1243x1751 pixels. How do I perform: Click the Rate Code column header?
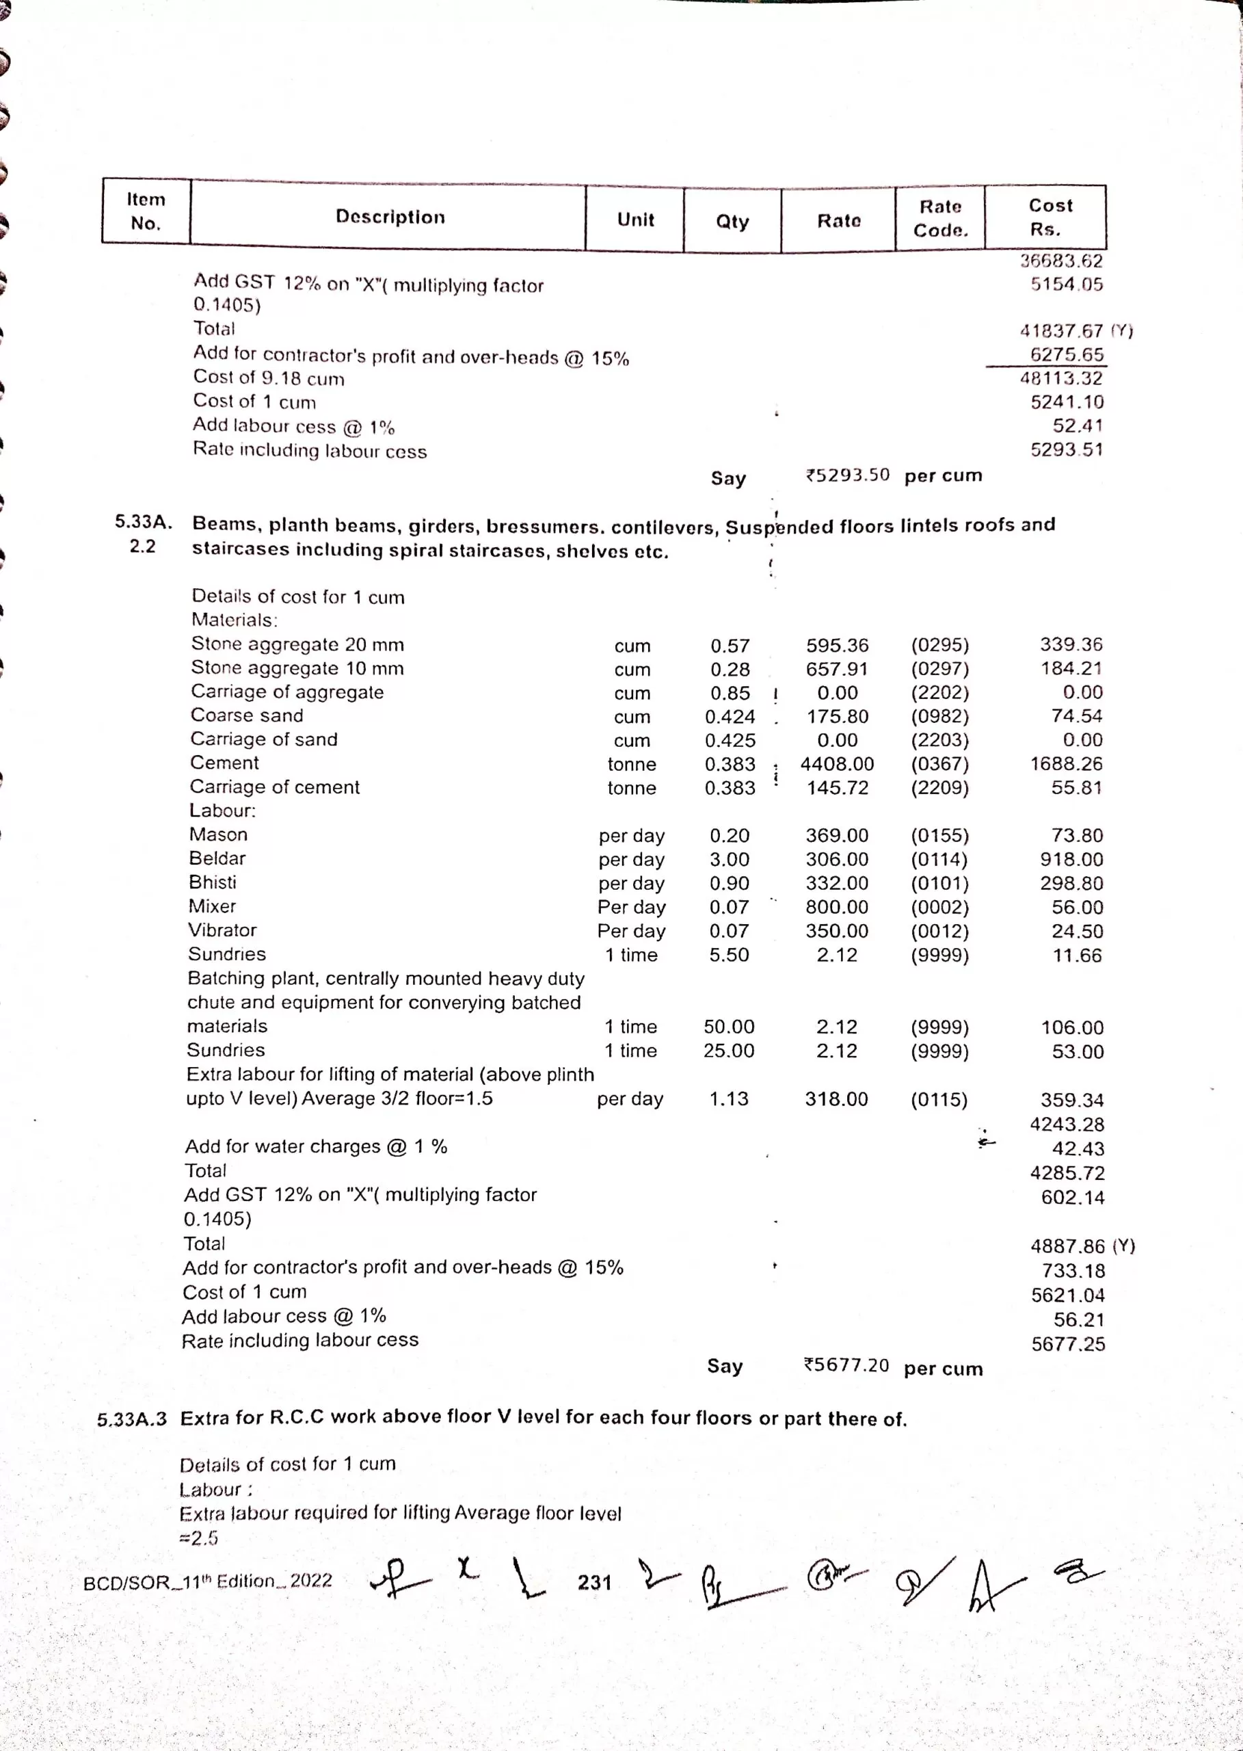pyautogui.click(x=940, y=218)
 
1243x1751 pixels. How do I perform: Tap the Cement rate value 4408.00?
pyautogui.click(x=837, y=764)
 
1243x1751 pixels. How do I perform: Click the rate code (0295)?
pyautogui.click(x=939, y=646)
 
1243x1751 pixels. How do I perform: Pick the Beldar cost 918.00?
pyautogui.click(x=1071, y=859)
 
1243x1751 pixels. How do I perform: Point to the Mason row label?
pyautogui.click(x=218, y=834)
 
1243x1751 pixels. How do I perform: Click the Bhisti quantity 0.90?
pyautogui.click(x=729, y=883)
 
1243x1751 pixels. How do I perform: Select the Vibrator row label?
pyautogui.click(x=222, y=930)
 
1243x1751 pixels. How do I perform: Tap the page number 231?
pyautogui.click(x=594, y=1582)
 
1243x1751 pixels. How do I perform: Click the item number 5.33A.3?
pyautogui.click(x=132, y=1419)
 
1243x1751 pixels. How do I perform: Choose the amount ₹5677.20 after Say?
pyautogui.click(x=846, y=1365)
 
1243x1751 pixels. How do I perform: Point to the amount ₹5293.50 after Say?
pyautogui.click(x=847, y=475)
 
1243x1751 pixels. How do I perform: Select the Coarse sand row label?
pyautogui.click(x=246, y=715)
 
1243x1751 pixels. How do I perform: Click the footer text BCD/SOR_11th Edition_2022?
pyautogui.click(x=207, y=1581)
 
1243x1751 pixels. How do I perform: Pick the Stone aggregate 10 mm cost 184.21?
pyautogui.click(x=1071, y=668)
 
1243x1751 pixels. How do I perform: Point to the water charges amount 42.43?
pyautogui.click(x=1078, y=1148)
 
